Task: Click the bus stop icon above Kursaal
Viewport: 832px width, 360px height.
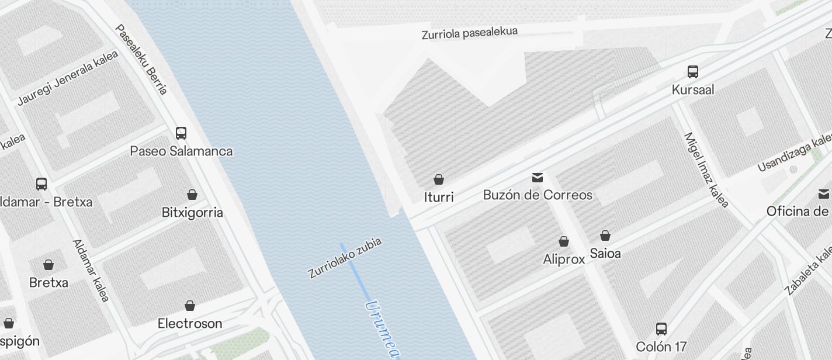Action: (693, 72)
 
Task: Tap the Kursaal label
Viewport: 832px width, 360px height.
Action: (693, 90)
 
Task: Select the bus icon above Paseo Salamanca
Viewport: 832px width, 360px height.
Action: (181, 133)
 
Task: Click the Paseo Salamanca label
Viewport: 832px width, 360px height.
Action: (181, 151)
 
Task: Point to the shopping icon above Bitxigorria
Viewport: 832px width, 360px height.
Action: (192, 195)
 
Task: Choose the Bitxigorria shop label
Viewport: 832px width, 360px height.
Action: (192, 212)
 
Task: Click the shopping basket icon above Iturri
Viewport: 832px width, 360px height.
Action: (439, 179)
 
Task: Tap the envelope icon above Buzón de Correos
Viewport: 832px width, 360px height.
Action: (538, 178)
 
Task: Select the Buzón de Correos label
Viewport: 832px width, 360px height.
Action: (538, 195)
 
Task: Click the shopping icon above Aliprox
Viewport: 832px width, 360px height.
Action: (564, 241)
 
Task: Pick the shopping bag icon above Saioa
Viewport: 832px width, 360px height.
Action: (605, 236)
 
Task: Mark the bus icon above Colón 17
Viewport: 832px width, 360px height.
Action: (661, 328)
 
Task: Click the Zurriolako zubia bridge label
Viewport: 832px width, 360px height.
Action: (345, 258)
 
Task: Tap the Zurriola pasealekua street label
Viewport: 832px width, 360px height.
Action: (470, 33)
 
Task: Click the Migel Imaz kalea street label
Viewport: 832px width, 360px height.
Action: (706, 170)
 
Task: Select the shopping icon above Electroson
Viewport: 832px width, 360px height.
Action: (190, 306)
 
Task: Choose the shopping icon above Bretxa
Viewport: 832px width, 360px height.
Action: (48, 265)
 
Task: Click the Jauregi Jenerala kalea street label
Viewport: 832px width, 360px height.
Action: (68, 78)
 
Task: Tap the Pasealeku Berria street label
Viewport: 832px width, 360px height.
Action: (142, 59)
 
